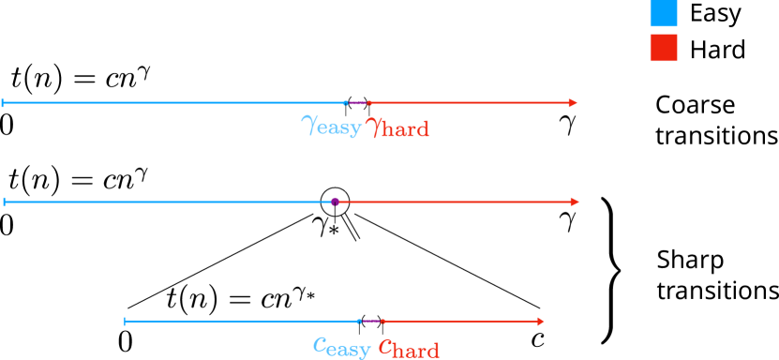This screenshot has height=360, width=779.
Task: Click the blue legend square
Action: [663, 14]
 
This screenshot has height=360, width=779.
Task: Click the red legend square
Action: [663, 48]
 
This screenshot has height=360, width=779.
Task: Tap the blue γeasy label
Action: [331, 126]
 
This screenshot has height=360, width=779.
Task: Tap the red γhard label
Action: [397, 127]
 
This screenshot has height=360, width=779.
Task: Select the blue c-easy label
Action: [341, 347]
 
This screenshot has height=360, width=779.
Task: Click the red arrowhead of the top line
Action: [573, 103]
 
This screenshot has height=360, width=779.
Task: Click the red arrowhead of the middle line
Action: [575, 202]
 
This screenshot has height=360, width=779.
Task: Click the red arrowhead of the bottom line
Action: [540, 322]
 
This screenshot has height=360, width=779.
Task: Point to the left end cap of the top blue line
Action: [3, 103]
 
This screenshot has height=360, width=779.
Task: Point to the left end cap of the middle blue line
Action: [5, 202]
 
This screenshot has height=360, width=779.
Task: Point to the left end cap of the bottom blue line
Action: [125, 322]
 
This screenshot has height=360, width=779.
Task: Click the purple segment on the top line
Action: [357, 103]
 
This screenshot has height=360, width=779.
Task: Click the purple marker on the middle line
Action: [335, 202]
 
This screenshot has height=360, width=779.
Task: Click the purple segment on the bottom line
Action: [371, 322]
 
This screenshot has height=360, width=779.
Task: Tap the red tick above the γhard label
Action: [369, 103]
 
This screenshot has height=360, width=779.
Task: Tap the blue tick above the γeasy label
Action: [346, 103]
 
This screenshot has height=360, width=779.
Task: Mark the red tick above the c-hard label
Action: [383, 322]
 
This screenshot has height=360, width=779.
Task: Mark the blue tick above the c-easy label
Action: [359, 322]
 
